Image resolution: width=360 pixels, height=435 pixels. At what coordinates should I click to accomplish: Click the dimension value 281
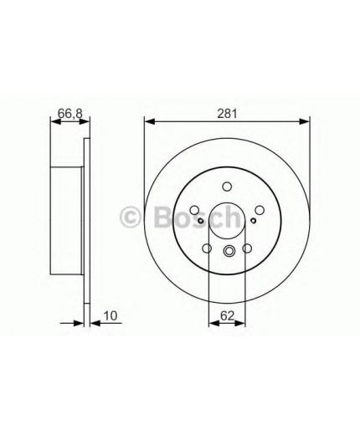tap(227, 114)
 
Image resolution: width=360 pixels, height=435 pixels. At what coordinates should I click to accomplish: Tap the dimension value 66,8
tap(70, 114)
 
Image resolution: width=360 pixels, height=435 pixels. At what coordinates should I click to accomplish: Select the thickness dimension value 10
tap(111, 316)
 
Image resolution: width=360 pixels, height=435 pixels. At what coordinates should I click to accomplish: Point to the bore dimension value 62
tap(227, 316)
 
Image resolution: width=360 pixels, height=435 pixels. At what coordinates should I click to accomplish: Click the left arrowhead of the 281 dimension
tap(150, 121)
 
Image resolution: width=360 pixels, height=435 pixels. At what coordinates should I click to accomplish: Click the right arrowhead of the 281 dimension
tap(305, 121)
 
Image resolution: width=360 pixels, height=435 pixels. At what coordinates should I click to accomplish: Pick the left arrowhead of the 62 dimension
tap(213, 323)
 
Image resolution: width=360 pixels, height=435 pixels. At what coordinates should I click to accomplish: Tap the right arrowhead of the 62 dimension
tap(240, 323)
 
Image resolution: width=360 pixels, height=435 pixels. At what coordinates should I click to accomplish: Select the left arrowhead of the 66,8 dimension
tap(55, 121)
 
